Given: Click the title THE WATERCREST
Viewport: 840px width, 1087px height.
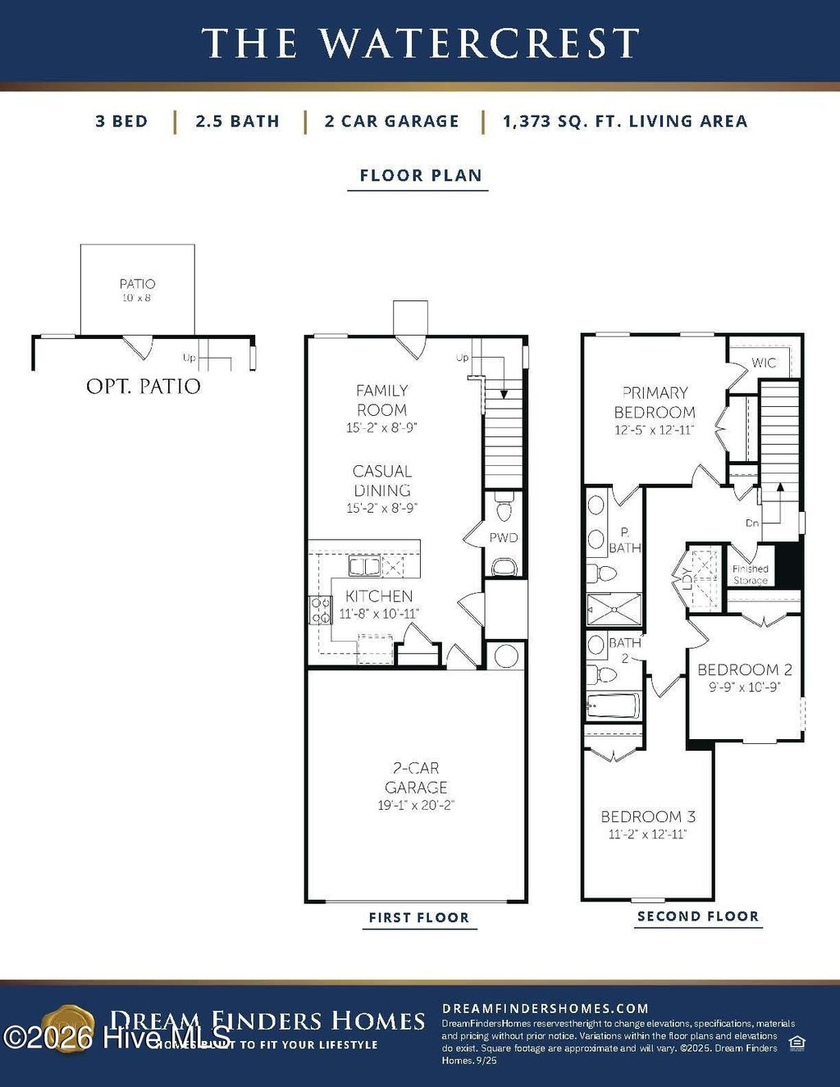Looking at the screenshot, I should click(420, 43).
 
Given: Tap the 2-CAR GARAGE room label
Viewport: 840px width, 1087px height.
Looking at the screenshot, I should click(416, 778).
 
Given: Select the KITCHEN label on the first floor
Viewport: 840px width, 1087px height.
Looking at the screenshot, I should click(379, 596).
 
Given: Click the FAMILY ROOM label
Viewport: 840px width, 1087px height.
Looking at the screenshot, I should click(381, 400).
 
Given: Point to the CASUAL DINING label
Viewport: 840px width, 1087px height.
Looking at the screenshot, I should click(381, 481).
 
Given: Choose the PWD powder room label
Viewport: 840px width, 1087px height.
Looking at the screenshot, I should click(504, 538).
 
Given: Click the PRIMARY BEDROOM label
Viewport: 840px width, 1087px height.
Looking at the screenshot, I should click(654, 403).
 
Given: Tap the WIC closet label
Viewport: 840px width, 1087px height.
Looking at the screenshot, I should click(764, 363).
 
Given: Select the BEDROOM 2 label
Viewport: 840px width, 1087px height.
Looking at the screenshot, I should click(745, 670).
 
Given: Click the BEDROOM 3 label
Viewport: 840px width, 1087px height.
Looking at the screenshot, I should click(648, 817).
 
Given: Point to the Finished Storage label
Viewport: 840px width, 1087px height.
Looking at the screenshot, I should click(750, 574).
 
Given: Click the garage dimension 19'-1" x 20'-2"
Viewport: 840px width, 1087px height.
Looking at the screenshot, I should click(416, 806).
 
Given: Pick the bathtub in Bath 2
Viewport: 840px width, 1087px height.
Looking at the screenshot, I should click(614, 706).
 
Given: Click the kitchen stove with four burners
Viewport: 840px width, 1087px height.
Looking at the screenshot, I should click(319, 609).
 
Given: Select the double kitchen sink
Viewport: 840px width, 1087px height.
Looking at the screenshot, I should click(363, 566).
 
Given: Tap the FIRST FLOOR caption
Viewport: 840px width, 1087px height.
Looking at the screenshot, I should click(418, 917).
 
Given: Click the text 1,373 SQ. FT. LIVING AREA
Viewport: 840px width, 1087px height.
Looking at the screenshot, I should click(625, 121).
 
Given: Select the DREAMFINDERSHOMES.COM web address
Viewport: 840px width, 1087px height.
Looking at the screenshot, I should click(545, 1008).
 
